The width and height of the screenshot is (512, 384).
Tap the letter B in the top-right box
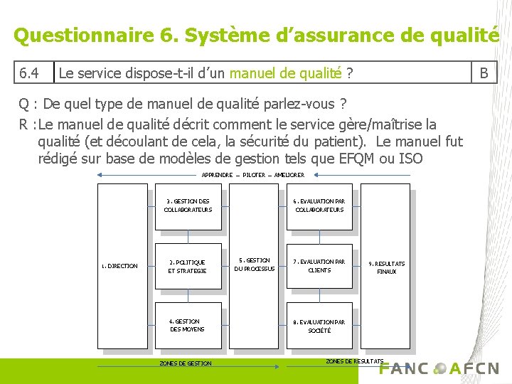484,73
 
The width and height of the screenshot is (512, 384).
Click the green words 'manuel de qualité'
285,73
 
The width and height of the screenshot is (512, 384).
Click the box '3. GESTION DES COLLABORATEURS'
188,206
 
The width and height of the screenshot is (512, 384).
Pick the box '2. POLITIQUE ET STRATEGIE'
188,267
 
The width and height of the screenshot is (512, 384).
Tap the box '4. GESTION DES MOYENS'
188,326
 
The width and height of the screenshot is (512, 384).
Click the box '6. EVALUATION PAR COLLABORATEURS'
319,206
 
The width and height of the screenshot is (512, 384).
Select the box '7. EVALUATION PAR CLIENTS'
319,266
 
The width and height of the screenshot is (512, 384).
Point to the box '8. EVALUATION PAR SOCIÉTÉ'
319,326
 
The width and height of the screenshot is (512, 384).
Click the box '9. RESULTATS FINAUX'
386,267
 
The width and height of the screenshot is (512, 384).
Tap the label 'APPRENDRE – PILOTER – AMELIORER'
253,175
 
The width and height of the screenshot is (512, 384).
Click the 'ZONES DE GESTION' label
186,363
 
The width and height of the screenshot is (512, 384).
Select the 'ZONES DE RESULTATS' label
355,361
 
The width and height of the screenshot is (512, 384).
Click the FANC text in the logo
404,368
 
